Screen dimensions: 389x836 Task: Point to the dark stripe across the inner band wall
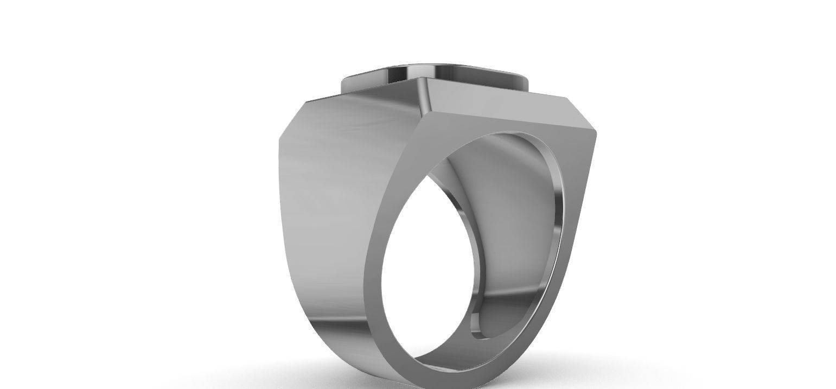[x=510, y=293]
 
